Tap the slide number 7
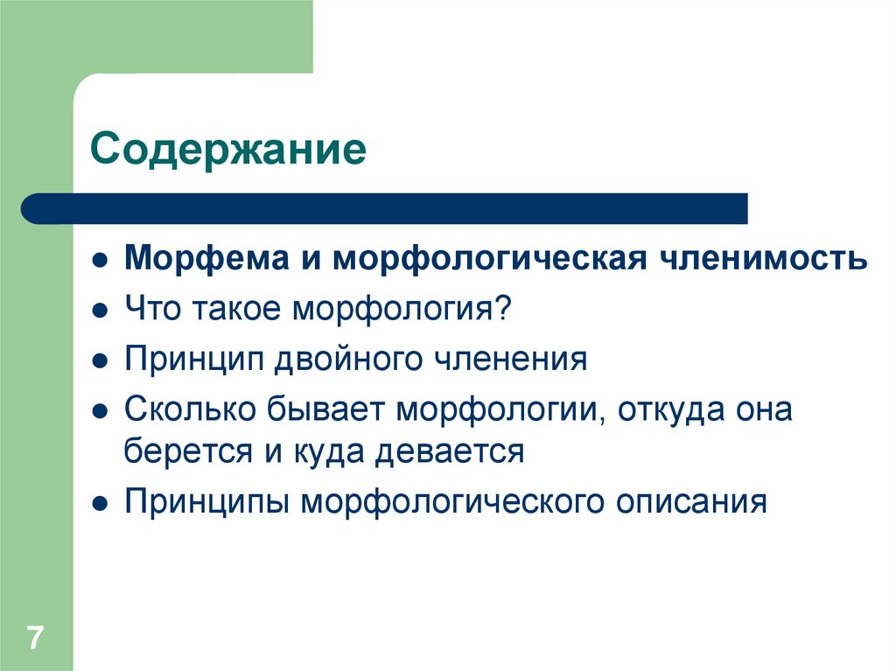pyautogui.click(x=35, y=637)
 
